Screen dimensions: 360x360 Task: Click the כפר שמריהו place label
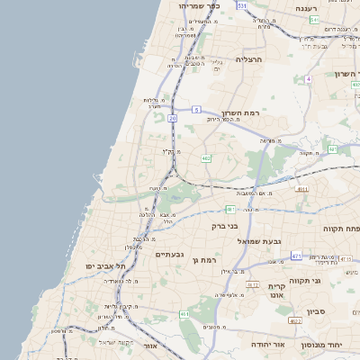click(x=199, y=5)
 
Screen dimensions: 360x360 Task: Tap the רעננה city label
click(x=313, y=7)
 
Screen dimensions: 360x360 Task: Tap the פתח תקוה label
click(x=342, y=229)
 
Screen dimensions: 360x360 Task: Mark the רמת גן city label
click(x=203, y=260)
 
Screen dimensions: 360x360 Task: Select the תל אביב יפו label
click(x=104, y=266)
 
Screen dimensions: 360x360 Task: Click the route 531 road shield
click(x=241, y=5)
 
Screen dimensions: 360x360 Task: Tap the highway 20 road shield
click(x=172, y=118)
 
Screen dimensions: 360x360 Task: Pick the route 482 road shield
click(x=206, y=158)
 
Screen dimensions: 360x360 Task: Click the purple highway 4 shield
click(x=308, y=79)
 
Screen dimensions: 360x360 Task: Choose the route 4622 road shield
click(x=295, y=320)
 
